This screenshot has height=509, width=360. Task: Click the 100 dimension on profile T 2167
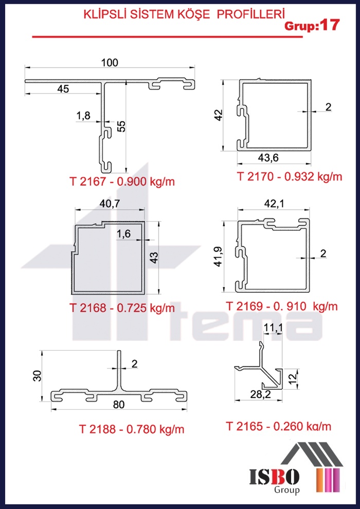coord(110,62)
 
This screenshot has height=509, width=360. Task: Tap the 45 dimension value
coord(63,88)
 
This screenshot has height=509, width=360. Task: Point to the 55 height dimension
coord(121,126)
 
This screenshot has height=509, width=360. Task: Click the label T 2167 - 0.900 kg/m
coord(122,182)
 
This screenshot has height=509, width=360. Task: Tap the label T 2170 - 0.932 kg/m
coord(289,176)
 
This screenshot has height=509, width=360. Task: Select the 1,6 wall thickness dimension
coord(123,234)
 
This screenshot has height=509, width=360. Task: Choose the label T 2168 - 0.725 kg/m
coord(122,307)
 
